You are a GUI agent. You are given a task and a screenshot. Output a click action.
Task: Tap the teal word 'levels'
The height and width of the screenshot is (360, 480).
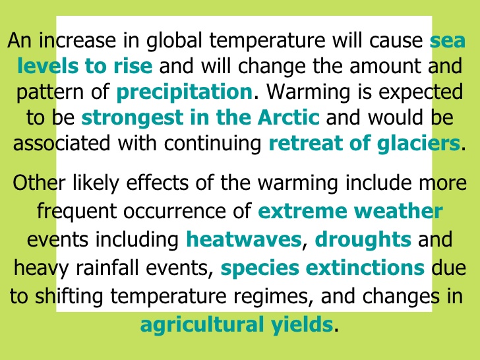pos(47,66)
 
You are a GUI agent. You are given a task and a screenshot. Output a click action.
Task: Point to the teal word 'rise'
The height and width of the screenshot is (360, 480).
pos(133,66)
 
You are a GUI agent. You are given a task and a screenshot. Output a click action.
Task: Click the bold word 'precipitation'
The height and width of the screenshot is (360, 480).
pos(185,92)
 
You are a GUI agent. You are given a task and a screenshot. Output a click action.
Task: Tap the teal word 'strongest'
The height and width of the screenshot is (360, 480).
pos(133,118)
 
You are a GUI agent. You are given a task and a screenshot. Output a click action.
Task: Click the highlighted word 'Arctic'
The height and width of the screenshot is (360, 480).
pos(288,117)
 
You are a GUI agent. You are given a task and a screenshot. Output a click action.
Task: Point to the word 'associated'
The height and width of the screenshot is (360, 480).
pos(61,143)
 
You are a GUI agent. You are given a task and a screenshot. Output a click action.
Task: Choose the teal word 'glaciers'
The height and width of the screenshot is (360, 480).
pos(419,144)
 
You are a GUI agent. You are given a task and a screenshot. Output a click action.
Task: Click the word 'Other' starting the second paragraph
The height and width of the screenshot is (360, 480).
pos(39,183)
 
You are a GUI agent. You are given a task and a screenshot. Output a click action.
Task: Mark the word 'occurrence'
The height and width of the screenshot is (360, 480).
pos(175,211)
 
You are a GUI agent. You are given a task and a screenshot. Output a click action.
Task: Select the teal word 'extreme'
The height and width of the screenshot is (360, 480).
pos(303,211)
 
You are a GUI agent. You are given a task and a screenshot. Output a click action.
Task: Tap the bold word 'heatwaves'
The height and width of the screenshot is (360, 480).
pos(244,239)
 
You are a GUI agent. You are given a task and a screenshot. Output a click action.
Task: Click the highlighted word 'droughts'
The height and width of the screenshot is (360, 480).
pos(363,240)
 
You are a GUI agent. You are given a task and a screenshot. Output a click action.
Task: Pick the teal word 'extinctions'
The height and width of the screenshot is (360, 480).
pos(365,268)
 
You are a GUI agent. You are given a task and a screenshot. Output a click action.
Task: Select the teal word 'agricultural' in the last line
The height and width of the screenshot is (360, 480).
pos(202,324)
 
